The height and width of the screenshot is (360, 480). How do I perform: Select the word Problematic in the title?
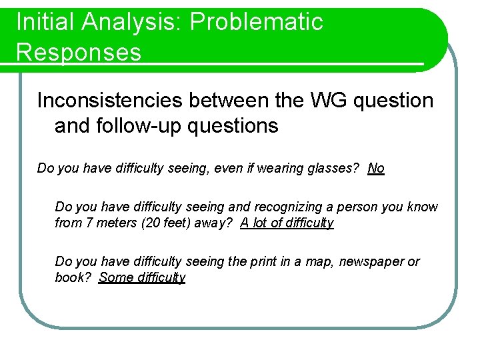click(x=256, y=22)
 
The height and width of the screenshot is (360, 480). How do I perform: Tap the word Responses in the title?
click(x=79, y=51)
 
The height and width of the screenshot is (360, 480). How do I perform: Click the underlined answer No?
click(x=376, y=168)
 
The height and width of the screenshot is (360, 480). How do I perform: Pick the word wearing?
click(x=273, y=168)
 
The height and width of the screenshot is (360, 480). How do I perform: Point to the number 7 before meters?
click(x=90, y=223)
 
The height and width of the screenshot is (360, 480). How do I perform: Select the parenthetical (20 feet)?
click(x=166, y=223)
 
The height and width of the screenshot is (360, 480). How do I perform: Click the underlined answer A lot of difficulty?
click(x=287, y=223)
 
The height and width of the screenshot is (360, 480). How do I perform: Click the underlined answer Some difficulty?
click(x=142, y=277)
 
